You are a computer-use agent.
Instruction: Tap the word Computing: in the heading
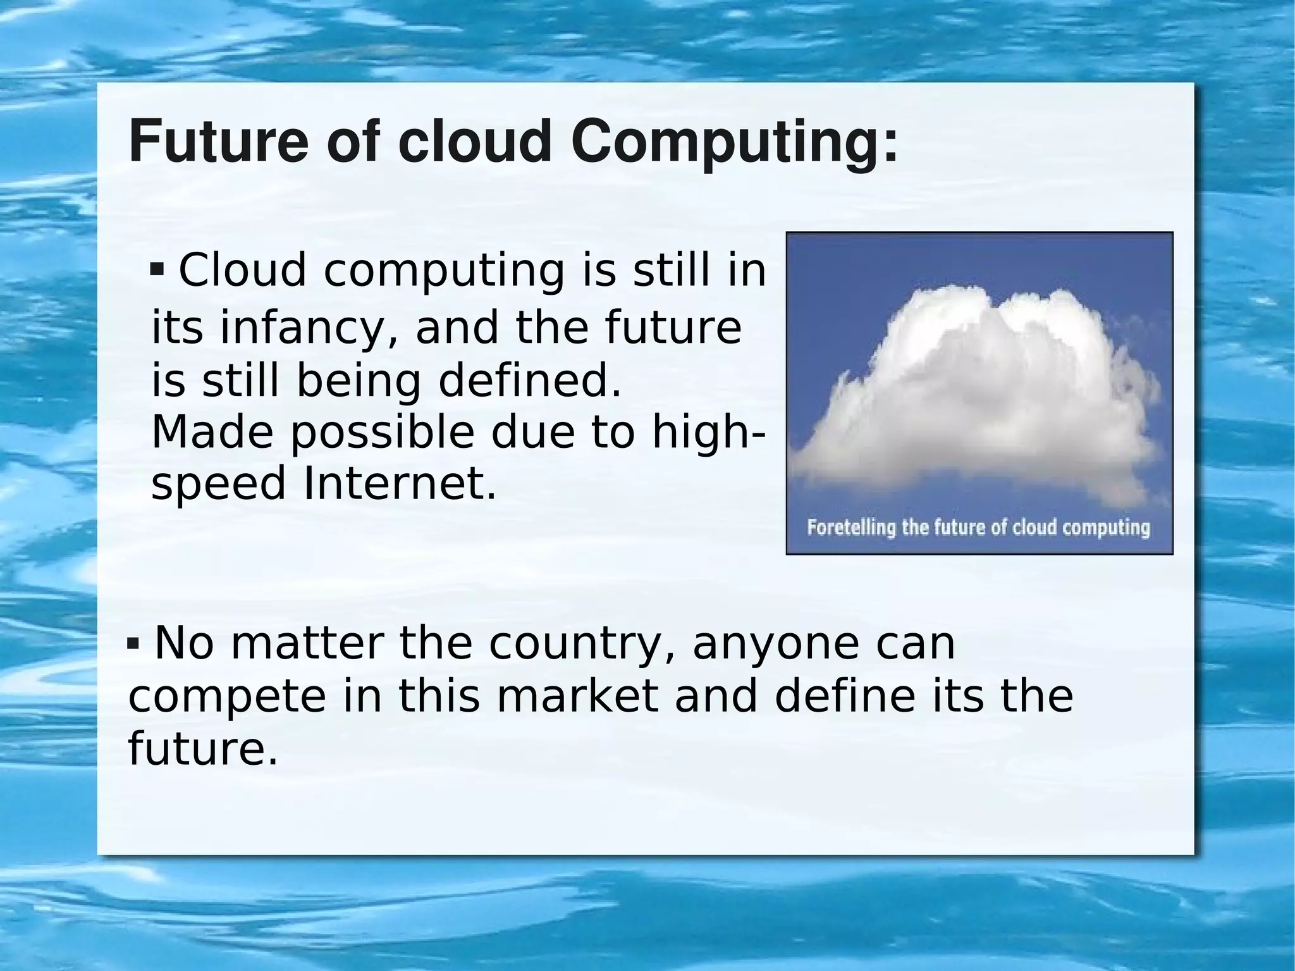733,142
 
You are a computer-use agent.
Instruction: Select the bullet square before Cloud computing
157,271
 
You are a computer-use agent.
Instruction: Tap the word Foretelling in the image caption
851,528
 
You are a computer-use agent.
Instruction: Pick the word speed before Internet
219,485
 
